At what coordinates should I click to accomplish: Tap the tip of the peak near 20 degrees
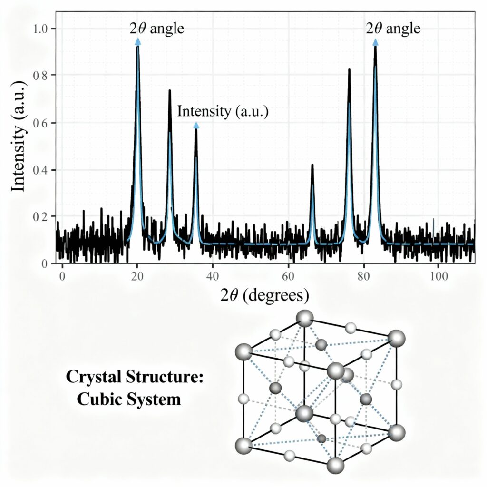138,47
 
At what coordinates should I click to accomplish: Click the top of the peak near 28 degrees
169,90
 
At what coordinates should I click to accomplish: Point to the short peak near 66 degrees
312,165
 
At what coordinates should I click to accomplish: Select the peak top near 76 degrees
349,70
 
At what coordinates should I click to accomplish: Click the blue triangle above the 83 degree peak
375,42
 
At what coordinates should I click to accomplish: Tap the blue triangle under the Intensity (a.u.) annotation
196,125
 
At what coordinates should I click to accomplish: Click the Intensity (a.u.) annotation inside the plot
223,112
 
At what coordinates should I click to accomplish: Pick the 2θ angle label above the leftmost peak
156,29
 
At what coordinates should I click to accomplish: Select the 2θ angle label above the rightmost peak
393,29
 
